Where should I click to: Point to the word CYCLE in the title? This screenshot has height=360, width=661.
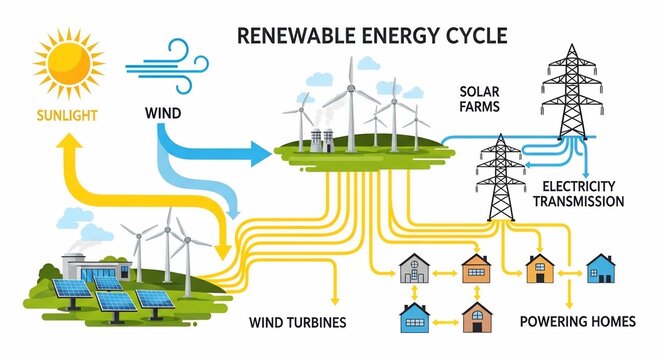click(x=474, y=37)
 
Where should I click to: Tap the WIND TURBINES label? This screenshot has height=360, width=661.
click(x=298, y=323)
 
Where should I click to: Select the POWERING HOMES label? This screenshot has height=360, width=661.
click(x=578, y=322)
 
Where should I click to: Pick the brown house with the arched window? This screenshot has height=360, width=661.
click(x=476, y=317)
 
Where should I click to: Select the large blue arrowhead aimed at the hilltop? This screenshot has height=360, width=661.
click(x=262, y=153)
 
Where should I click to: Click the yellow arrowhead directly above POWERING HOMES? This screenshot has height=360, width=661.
click(x=570, y=301)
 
